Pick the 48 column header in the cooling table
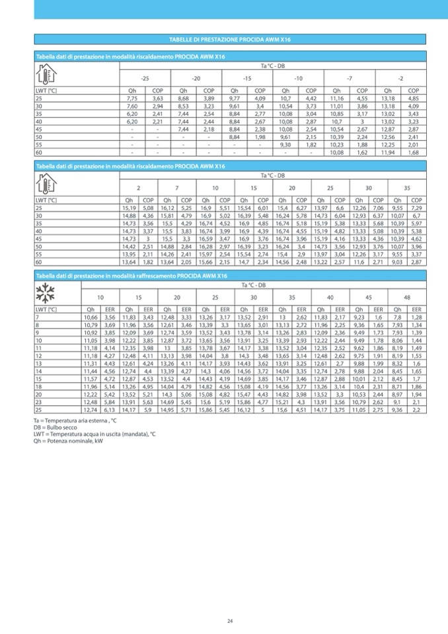407,297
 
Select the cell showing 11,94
389,152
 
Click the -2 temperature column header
401,79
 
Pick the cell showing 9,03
398,262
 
